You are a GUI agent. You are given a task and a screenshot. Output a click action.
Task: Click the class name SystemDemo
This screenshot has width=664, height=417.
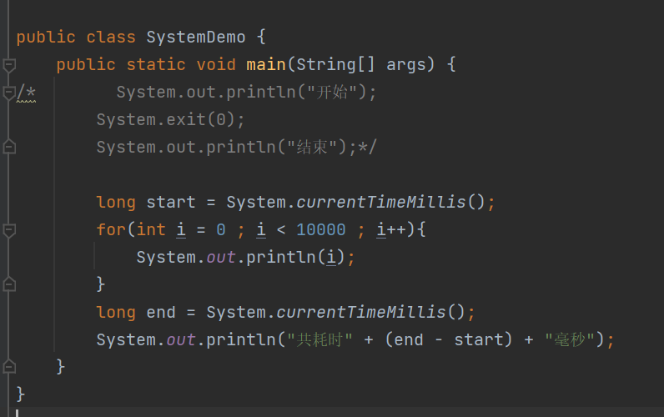point(196,38)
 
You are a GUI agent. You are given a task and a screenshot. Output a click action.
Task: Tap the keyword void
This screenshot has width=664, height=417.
point(216,65)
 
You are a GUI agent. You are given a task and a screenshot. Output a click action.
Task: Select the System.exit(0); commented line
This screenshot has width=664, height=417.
point(171,120)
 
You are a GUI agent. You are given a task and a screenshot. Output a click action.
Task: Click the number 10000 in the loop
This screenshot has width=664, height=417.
point(321,229)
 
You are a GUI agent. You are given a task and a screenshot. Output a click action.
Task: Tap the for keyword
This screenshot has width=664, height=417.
point(111,229)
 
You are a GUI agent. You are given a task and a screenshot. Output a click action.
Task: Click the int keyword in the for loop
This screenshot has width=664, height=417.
point(151,229)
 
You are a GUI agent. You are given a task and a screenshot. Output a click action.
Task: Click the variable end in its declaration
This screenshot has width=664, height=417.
point(161,313)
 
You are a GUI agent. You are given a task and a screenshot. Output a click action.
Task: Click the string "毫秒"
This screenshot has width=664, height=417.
point(575,340)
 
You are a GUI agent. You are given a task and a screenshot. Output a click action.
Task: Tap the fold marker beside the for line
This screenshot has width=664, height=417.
point(9,229)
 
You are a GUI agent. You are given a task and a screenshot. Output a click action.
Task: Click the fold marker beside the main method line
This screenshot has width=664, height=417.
point(9,65)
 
